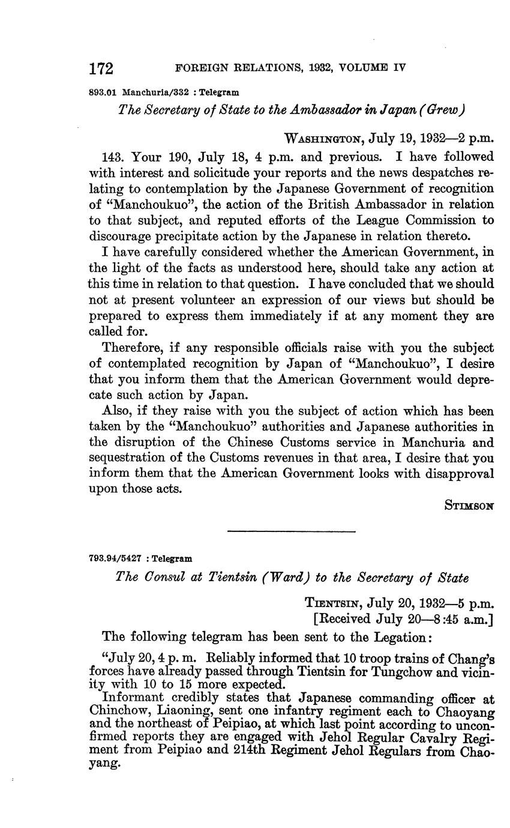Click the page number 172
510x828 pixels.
tap(101, 69)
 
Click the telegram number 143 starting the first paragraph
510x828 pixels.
tap(113, 157)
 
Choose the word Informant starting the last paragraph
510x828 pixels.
tap(134, 698)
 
